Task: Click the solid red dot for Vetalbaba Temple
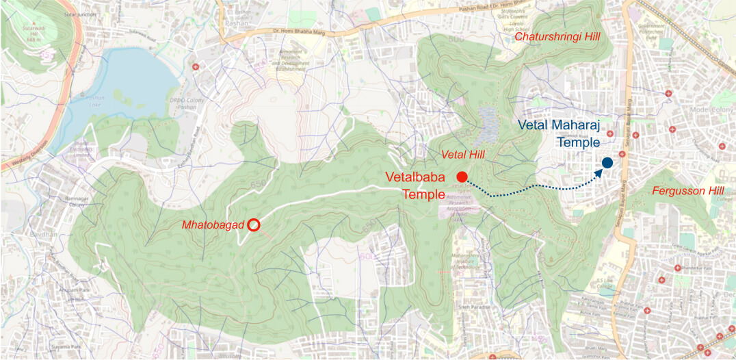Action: click(x=462, y=176)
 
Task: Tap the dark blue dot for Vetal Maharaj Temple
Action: click(x=607, y=163)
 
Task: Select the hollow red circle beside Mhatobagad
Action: click(x=253, y=224)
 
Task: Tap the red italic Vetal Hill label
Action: click(x=464, y=155)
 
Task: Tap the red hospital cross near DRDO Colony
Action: click(x=196, y=67)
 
